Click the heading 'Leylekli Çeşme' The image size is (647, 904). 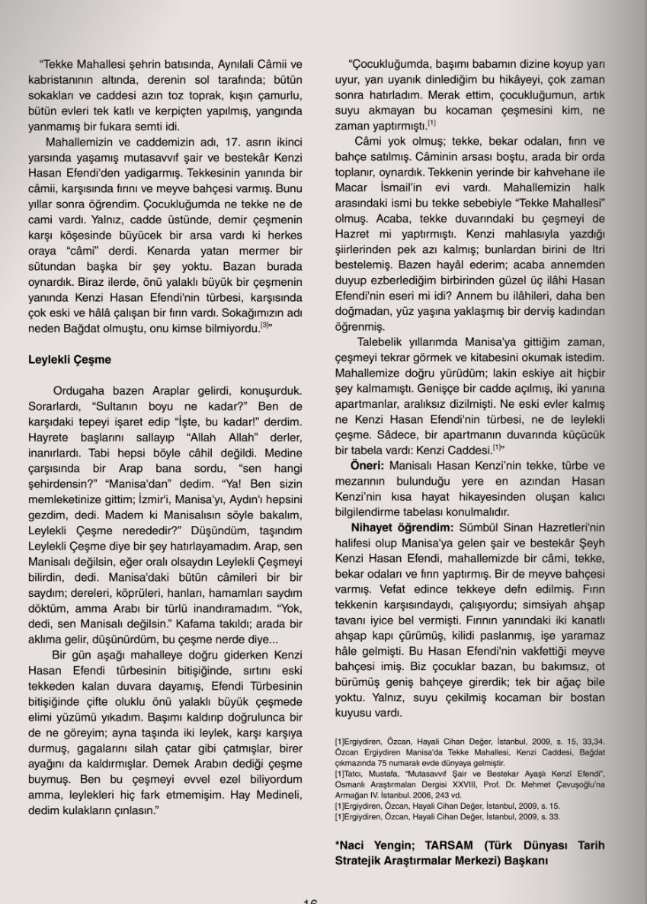point(69,359)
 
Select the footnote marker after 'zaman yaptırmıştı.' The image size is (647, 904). point(431,123)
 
